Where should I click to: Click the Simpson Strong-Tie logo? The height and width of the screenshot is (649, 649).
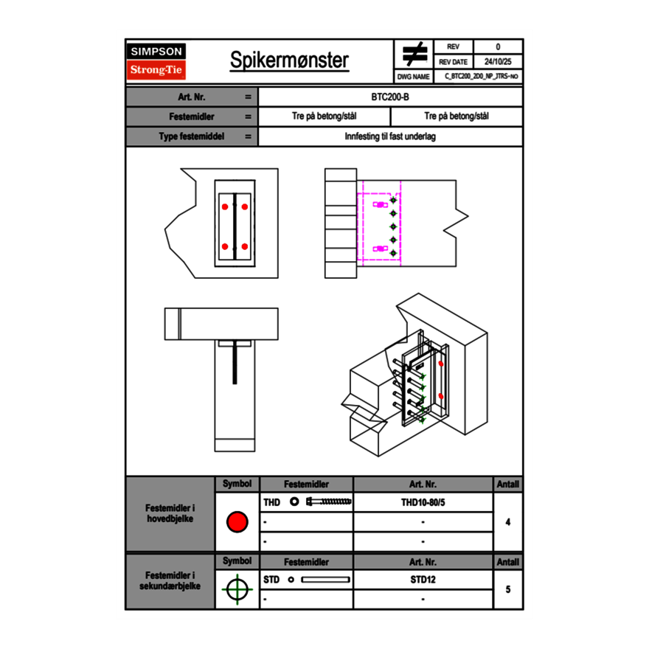click(x=157, y=61)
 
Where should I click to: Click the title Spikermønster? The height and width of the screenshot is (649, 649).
click(x=289, y=60)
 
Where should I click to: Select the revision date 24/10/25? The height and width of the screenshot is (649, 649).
click(x=498, y=62)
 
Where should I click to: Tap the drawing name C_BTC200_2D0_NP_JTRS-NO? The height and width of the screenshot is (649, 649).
click(x=482, y=77)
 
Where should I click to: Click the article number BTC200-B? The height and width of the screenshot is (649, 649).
click(x=391, y=97)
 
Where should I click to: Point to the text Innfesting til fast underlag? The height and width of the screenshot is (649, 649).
click(x=390, y=136)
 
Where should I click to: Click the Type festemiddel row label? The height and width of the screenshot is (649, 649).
click(x=192, y=136)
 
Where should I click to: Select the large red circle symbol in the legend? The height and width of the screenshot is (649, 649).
click(x=237, y=522)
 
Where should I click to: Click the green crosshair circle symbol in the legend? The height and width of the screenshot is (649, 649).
click(x=237, y=589)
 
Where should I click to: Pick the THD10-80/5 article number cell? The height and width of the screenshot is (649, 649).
click(x=423, y=502)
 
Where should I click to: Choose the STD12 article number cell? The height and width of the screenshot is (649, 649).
click(x=423, y=580)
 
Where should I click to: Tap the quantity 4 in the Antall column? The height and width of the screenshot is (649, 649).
click(x=508, y=522)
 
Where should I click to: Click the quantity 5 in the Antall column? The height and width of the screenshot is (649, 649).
click(x=508, y=589)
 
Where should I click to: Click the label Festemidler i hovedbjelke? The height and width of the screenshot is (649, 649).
click(x=170, y=513)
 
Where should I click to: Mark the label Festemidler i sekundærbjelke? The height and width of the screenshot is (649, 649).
click(x=170, y=580)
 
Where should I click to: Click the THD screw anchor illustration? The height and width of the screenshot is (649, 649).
click(x=329, y=502)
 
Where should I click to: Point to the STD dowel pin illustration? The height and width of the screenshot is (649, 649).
click(x=325, y=580)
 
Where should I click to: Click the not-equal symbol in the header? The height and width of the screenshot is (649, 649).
click(x=414, y=55)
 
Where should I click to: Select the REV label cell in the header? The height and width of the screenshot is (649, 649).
click(x=453, y=47)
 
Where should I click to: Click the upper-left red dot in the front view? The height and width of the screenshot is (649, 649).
click(x=225, y=207)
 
